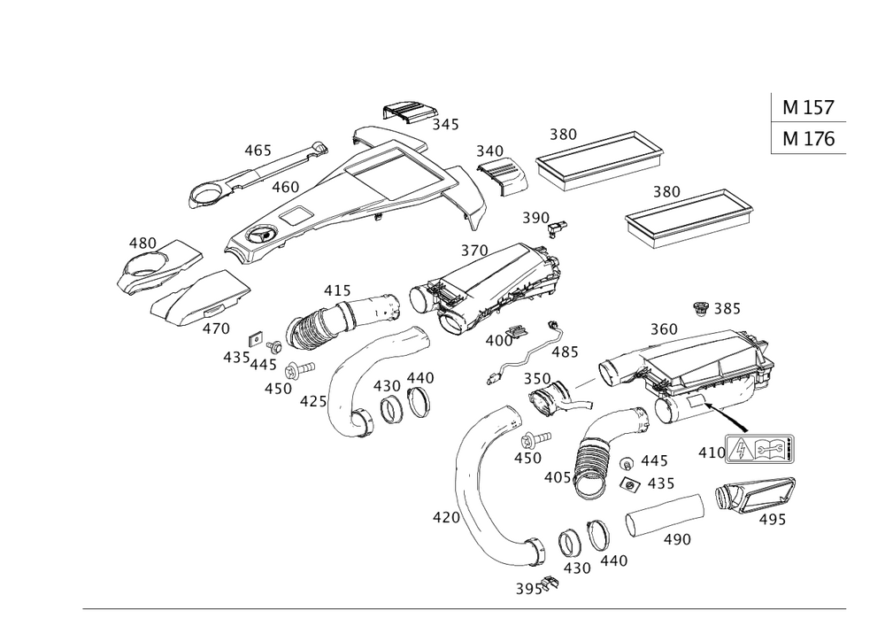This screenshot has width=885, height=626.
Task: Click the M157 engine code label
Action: [x=808, y=108]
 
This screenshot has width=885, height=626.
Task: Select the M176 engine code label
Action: [x=808, y=139]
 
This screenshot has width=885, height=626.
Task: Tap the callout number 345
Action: [x=446, y=126]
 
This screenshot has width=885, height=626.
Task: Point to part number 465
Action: [x=258, y=151]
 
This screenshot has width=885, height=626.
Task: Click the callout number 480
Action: [x=142, y=242]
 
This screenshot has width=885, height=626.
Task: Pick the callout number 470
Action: [x=216, y=328]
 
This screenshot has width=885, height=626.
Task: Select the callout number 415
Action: [x=336, y=290]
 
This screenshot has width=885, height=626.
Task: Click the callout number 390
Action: [x=535, y=218]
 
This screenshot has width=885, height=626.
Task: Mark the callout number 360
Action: [x=663, y=329]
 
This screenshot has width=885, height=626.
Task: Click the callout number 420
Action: [x=444, y=515]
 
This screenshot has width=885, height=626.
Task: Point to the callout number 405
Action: [x=557, y=477]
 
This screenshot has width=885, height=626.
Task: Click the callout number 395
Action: [x=528, y=588]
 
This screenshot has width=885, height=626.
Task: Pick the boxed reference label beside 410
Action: [x=759, y=451]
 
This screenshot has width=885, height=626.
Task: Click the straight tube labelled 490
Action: [x=664, y=519]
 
